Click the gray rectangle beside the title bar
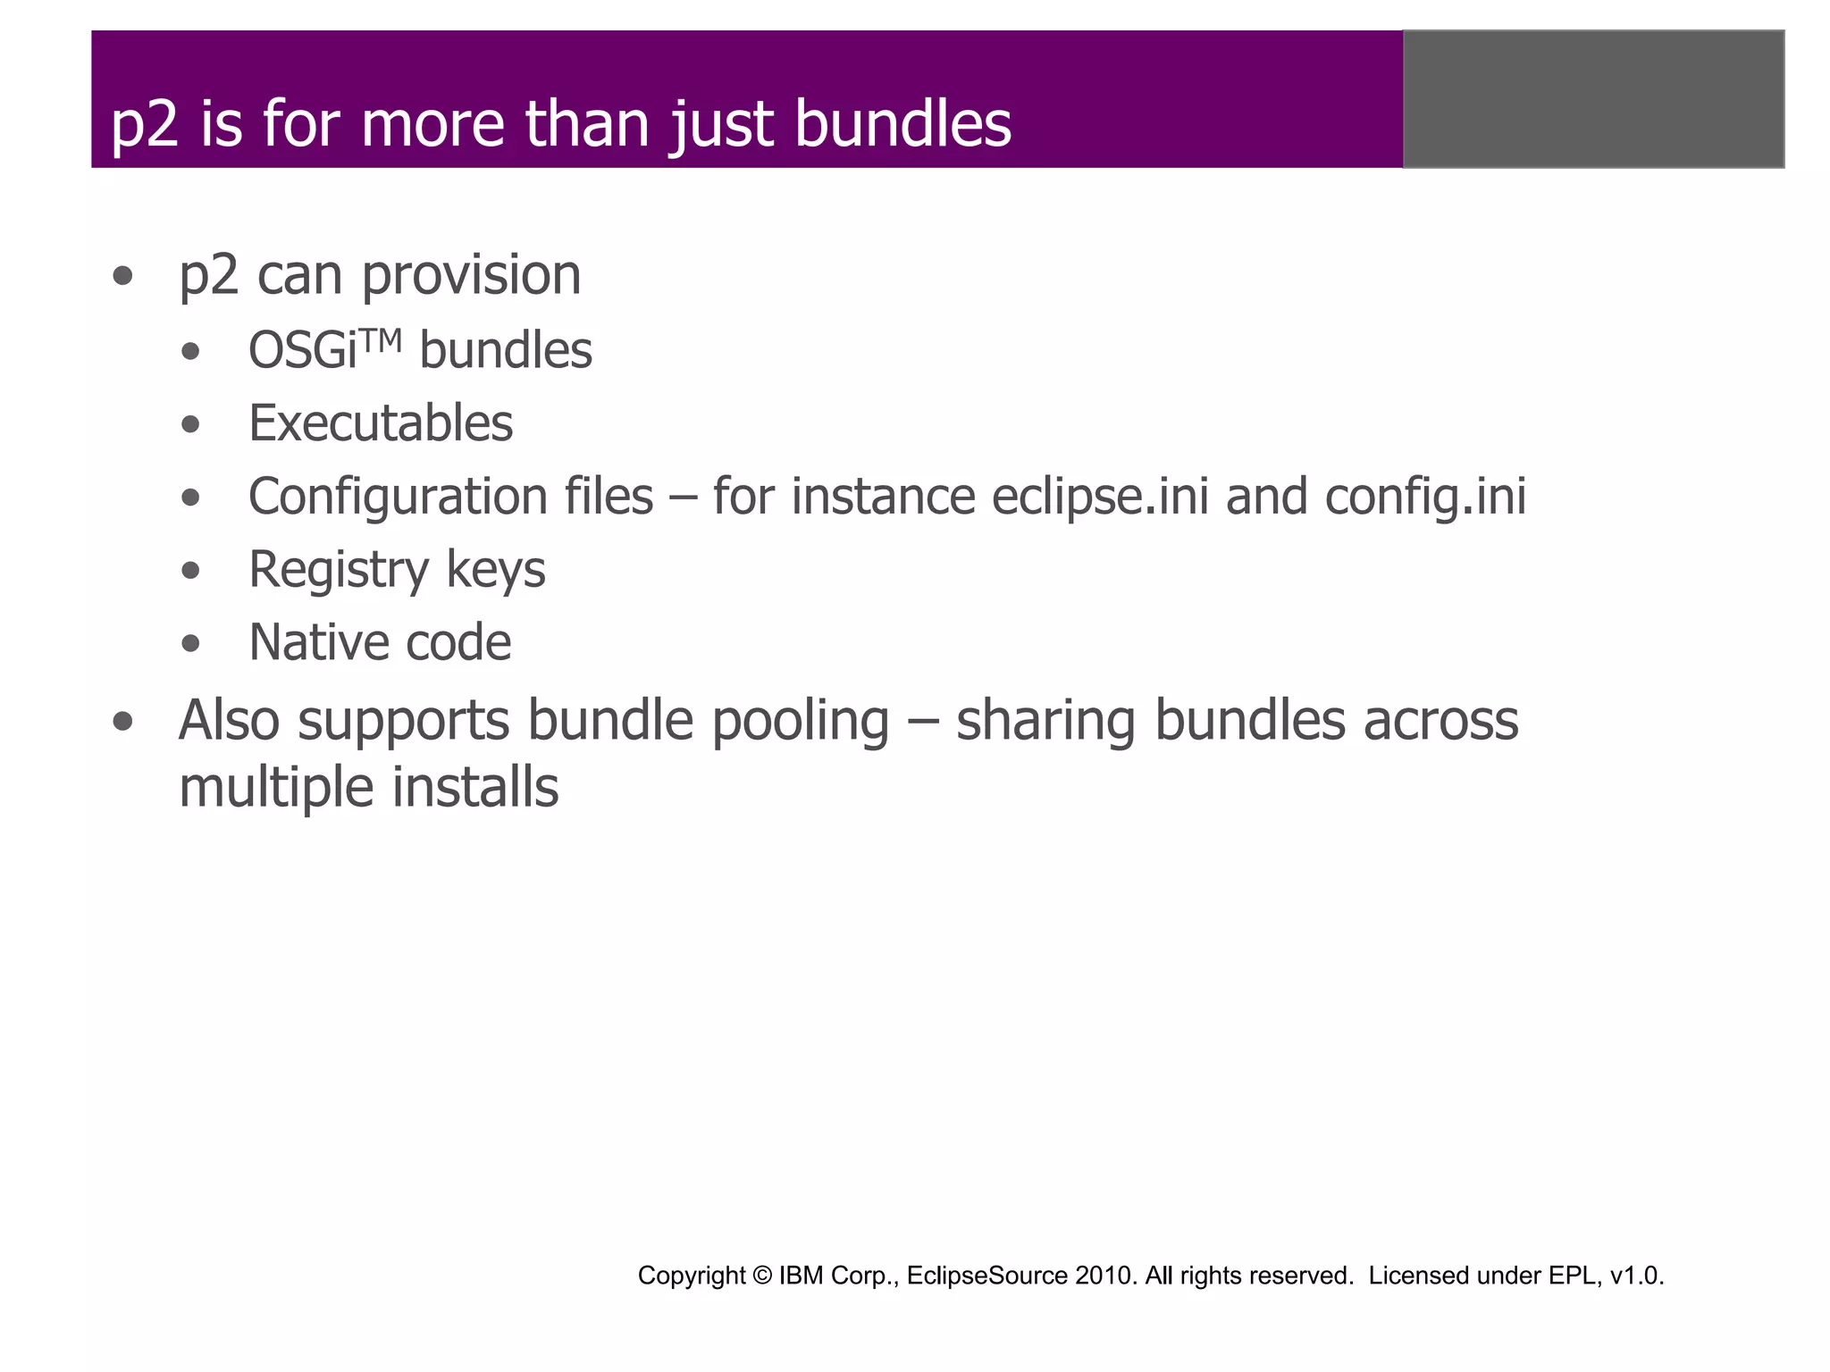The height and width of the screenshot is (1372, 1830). coord(1593,99)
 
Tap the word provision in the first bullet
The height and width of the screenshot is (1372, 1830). coord(472,275)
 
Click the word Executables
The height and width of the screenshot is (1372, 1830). coord(381,423)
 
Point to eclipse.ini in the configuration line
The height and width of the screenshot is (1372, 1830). coord(1100,497)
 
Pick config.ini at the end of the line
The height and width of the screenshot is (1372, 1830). coord(1425,497)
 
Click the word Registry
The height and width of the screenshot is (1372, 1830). coord(339,570)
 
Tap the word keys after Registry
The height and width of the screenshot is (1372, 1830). coord(495,570)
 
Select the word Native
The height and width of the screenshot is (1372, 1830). coord(318,643)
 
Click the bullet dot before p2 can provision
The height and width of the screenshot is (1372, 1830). coord(123,277)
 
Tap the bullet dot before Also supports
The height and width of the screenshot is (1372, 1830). coord(123,722)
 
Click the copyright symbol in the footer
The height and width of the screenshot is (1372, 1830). coord(762,1276)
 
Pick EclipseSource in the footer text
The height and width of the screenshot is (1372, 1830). coord(986,1276)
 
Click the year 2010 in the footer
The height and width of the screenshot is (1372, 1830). coord(1105,1276)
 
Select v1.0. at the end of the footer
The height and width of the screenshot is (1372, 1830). coord(1637,1276)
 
